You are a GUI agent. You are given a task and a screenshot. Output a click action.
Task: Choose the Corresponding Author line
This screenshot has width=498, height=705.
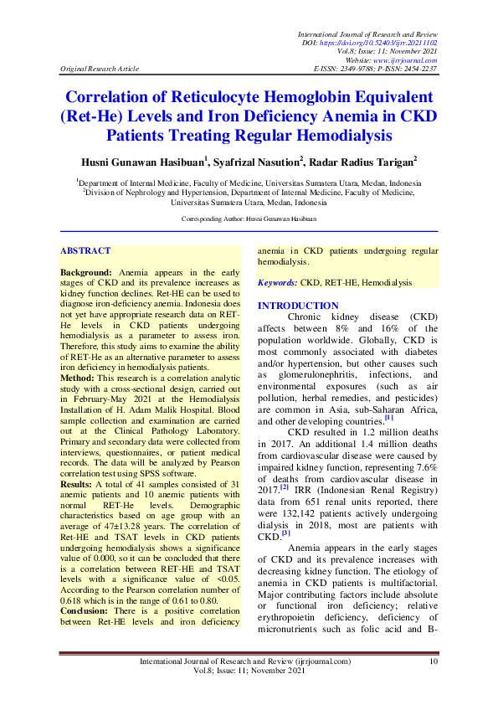click(249, 219)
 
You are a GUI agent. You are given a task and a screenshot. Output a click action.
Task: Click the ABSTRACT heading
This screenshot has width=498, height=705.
click(85, 250)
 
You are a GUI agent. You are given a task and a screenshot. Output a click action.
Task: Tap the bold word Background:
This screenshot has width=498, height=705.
click(86, 273)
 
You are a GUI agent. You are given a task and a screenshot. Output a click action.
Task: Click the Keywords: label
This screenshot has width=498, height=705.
click(277, 284)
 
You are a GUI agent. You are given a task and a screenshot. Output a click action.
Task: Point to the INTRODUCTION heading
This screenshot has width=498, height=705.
click(298, 306)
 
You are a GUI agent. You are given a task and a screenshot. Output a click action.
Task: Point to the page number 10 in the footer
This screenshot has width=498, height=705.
click(433, 661)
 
